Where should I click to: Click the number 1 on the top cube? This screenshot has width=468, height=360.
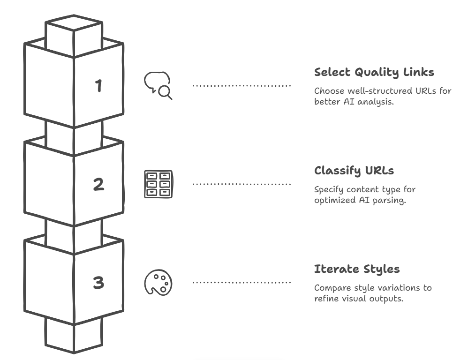[x=98, y=86]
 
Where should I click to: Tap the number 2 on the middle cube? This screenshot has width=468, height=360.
[x=98, y=184]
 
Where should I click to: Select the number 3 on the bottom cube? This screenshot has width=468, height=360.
[x=98, y=283]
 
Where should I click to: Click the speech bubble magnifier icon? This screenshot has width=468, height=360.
[x=158, y=86]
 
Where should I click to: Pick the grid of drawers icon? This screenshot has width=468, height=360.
[x=158, y=184]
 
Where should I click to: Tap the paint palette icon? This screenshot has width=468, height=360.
[x=158, y=283]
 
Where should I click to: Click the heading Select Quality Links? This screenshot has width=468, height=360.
[x=374, y=72]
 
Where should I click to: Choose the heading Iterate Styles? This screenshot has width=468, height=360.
[x=356, y=269]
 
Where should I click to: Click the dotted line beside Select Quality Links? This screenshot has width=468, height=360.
[x=242, y=86]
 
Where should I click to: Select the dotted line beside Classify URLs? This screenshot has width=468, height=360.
[x=242, y=184]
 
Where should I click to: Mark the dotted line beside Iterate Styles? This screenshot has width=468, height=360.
[x=242, y=283]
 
